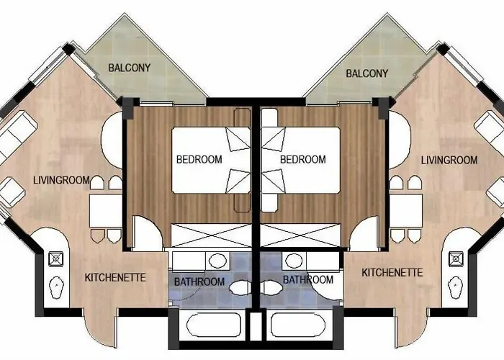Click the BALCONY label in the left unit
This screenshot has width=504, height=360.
coord(130,68)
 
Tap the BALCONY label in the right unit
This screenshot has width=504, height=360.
coord(367,73)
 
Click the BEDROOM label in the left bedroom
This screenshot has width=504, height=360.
coord(199,159)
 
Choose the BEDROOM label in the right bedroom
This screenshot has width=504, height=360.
coord(302,159)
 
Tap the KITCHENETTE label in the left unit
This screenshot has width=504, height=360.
coord(115,277)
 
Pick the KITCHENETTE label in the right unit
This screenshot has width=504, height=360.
coord(392,272)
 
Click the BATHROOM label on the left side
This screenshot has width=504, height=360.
coord(199,282)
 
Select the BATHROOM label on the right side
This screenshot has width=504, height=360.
coord(307,279)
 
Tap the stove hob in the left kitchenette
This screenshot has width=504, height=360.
coord(56,258)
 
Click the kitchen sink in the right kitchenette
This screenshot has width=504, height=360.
coord(456,289)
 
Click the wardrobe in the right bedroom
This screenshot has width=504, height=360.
coord(298,236)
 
